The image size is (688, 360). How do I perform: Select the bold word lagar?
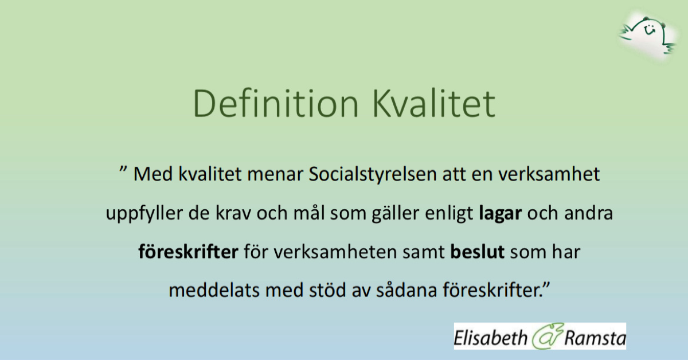(x=500, y=214)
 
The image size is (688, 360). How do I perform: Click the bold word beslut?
(x=478, y=252)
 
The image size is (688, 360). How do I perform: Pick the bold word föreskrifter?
(x=187, y=252)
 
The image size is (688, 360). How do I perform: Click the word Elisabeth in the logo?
(x=490, y=337)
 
